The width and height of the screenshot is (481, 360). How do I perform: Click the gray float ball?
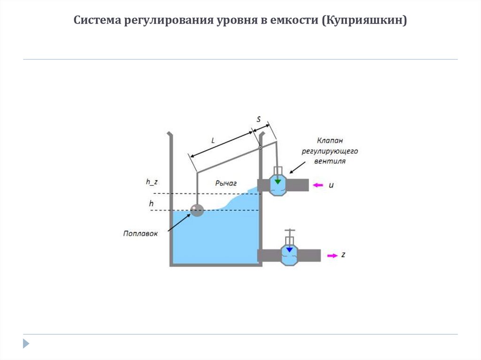(x=197, y=210)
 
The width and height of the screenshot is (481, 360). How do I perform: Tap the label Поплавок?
(x=140, y=233)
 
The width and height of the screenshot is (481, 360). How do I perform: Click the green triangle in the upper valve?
(x=278, y=181)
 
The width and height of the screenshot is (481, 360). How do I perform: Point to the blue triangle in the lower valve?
(x=289, y=250)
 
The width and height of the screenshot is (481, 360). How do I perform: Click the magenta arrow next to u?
(x=318, y=185)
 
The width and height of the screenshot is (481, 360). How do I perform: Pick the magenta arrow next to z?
(x=332, y=255)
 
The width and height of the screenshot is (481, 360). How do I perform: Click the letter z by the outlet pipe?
(x=343, y=255)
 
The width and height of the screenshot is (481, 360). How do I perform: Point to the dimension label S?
(x=258, y=119)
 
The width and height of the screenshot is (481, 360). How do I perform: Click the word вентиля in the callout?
(x=330, y=161)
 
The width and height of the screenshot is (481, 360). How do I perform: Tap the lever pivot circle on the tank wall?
(x=260, y=148)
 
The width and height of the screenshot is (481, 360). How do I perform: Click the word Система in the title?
(x=97, y=21)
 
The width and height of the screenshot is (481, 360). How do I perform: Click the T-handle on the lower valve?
(x=289, y=231)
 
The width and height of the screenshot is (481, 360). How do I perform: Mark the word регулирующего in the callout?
(x=330, y=151)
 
